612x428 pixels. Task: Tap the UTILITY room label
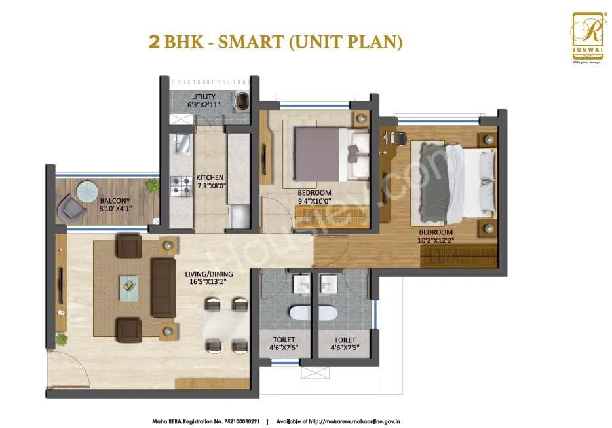[x=204, y=101]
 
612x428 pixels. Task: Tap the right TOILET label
[x=344, y=344]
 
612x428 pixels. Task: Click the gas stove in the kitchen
[x=180, y=188]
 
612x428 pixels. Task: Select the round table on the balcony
[x=86, y=190]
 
